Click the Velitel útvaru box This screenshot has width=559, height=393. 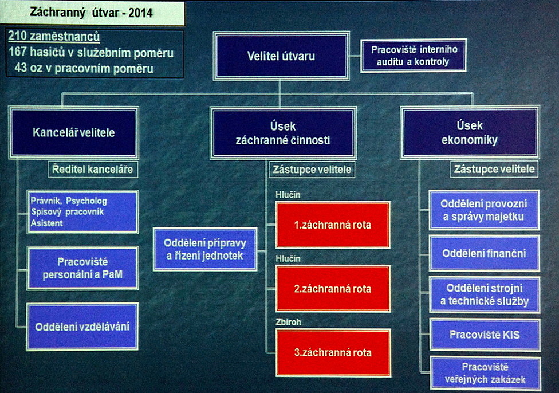pos(281,56)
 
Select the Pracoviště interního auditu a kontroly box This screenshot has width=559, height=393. pos(414,56)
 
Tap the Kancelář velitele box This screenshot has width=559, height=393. pos(74,133)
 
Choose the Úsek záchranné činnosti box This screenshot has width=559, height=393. pos(283,133)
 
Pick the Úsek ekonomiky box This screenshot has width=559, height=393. pos(470,132)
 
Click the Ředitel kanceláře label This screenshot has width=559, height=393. pos(93,169)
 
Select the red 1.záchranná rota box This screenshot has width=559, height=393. pos(333,225)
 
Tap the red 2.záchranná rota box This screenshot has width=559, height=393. pos(333,289)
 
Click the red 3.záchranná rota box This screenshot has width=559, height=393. pos(333,352)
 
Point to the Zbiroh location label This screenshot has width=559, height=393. pos(288,322)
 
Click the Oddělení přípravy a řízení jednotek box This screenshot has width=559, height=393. pos(205,249)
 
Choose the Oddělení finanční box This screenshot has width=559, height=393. pos(484,254)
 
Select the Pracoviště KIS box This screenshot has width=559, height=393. pos(485,335)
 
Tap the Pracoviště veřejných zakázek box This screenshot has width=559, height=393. pos(485,373)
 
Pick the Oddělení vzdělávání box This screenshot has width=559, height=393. pos(82,327)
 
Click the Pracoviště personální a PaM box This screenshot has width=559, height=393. pos(82,268)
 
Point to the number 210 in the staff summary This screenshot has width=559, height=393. pos(17,36)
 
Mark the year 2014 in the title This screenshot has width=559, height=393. pos(140,13)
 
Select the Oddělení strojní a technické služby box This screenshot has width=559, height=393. pos(485,294)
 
